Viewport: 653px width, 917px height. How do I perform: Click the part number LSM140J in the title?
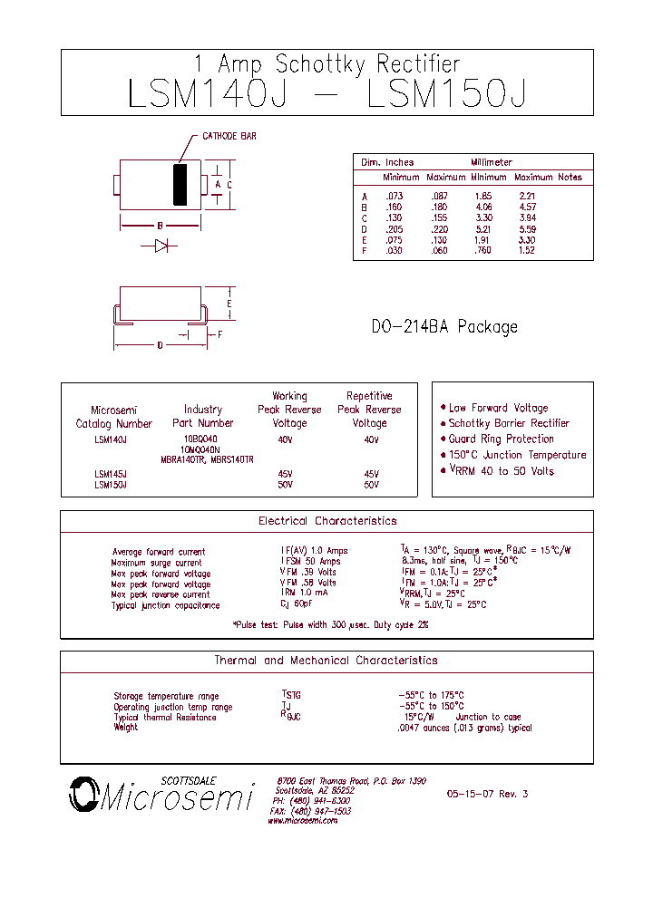click(x=208, y=94)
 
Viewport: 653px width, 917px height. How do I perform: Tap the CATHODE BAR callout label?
click(x=229, y=136)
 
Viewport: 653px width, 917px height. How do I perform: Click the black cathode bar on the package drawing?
click(x=180, y=185)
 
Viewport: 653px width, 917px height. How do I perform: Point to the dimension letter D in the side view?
click(x=160, y=345)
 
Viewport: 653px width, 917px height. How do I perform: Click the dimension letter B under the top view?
click(x=160, y=226)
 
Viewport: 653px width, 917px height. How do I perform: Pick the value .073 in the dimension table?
click(x=394, y=197)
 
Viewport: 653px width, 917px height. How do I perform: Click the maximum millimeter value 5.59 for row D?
click(x=527, y=229)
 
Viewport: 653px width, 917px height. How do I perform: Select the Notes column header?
click(x=570, y=178)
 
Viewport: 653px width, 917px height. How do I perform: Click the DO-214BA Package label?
click(x=444, y=326)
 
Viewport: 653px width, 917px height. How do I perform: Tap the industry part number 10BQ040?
click(x=200, y=439)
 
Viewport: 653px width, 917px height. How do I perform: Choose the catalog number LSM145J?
click(x=111, y=474)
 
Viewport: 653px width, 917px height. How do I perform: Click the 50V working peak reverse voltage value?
click(x=286, y=485)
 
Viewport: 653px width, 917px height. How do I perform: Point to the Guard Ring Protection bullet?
click(x=501, y=439)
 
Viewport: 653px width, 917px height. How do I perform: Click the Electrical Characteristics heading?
click(x=327, y=521)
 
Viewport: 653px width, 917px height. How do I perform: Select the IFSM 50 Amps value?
click(x=311, y=562)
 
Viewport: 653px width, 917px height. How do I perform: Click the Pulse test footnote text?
click(x=330, y=625)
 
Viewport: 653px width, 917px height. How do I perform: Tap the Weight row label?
click(x=126, y=728)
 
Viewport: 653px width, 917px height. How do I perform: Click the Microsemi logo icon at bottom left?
click(x=83, y=796)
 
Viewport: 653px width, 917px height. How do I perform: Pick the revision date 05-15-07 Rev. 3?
click(x=487, y=794)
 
